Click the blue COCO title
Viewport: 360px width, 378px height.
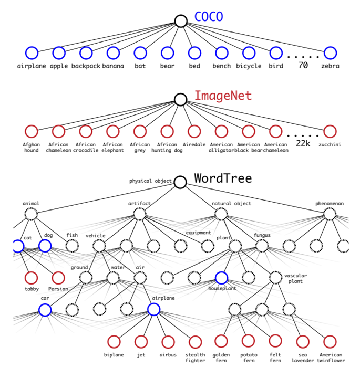tap(209, 17)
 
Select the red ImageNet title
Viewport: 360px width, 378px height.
tap(223, 96)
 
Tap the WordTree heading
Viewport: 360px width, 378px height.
tap(223, 178)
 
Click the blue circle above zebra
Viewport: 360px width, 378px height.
tap(330, 52)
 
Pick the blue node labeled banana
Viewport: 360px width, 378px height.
tap(113, 52)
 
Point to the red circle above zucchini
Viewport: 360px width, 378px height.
tap(330, 131)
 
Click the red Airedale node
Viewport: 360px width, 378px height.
tap(194, 131)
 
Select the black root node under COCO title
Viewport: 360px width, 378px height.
tap(181, 21)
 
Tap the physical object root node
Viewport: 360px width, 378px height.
tap(180, 182)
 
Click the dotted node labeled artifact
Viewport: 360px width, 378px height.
tap(139, 214)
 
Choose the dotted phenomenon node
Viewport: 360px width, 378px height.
tap(330, 214)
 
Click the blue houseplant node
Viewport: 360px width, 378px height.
tap(221, 278)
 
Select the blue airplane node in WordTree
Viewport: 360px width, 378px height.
tap(153, 309)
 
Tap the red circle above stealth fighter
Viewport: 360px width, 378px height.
tap(195, 342)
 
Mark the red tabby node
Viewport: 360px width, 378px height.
tap(32, 278)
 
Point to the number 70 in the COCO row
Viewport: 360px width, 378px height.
tap(303, 66)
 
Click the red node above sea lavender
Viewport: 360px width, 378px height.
tap(303, 342)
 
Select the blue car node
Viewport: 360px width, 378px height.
tap(45, 309)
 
